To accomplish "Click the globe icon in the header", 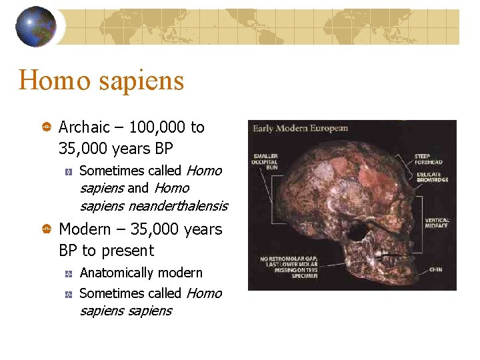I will click(36, 27).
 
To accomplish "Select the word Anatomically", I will click(116, 273).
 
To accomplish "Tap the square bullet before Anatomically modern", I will click(68, 273).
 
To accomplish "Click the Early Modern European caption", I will click(299, 128).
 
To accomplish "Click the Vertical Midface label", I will click(437, 223).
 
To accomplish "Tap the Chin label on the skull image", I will click(435, 269).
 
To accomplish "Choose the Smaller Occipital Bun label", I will click(265, 162).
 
